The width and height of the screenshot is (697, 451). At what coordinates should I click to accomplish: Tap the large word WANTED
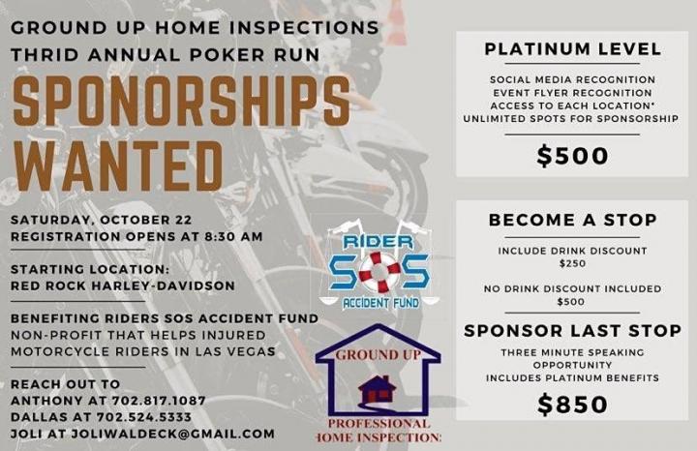point(118,166)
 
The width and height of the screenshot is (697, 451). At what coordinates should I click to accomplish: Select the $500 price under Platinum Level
point(572,156)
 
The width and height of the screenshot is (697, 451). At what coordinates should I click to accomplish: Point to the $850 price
point(572,405)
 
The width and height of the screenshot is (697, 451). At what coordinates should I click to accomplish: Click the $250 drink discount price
point(572,263)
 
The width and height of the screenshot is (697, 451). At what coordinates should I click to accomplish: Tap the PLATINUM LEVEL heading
point(573,49)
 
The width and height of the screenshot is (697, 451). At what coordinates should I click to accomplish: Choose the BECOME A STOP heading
point(572,220)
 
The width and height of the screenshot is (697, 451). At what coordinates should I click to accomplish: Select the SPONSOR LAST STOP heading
point(572,331)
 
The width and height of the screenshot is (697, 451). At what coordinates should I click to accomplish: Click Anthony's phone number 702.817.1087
point(159,401)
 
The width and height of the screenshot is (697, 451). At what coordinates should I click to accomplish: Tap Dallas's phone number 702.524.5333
point(144,417)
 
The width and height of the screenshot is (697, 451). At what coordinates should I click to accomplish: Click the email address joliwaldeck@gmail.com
point(173,434)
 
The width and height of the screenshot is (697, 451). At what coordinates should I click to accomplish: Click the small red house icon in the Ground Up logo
point(377,390)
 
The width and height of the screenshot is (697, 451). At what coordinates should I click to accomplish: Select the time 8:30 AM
point(233,236)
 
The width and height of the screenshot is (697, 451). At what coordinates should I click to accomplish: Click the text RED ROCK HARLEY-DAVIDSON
point(123,286)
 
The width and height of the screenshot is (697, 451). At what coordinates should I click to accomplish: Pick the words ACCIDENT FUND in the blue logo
point(380,303)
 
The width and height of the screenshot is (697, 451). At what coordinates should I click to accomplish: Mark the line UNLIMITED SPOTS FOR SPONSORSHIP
point(571,119)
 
